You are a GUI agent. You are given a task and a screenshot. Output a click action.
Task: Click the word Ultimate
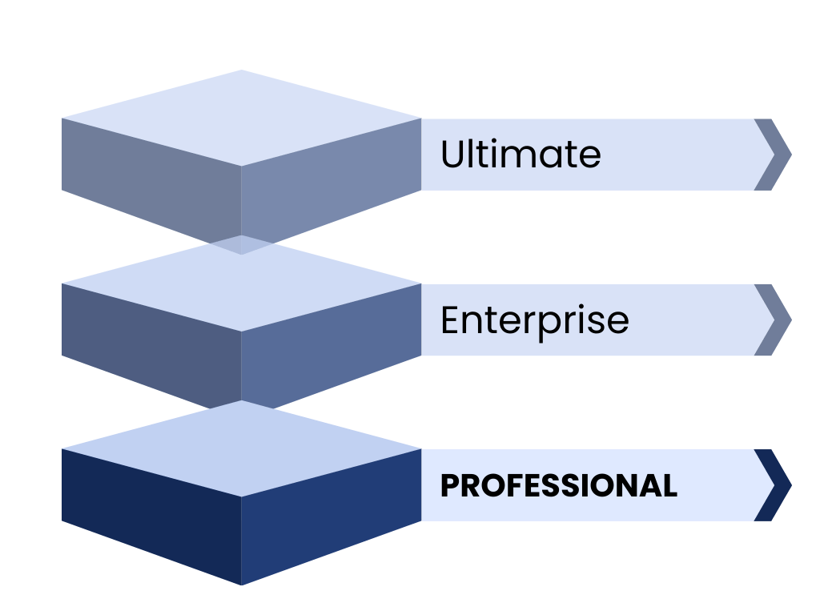(521, 154)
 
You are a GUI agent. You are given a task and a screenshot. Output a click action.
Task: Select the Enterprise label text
(535, 320)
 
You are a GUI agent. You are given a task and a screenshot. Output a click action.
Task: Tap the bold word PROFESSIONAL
(559, 486)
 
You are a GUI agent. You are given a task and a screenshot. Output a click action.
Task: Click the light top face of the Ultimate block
(241, 119)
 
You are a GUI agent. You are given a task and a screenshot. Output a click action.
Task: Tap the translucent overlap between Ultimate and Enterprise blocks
(242, 244)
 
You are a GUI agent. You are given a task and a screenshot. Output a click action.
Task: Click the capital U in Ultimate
(452, 154)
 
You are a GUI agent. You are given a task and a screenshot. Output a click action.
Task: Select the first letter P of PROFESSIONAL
(449, 486)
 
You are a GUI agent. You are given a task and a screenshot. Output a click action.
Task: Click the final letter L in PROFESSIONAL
(669, 486)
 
